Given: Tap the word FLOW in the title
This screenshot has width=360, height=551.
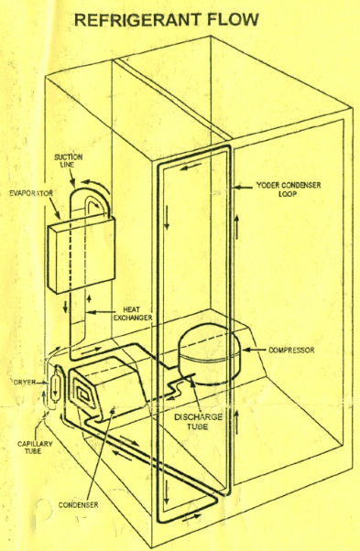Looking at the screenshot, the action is pyautogui.click(x=233, y=20).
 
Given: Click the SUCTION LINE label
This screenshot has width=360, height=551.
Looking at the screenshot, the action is pyautogui.click(x=68, y=160).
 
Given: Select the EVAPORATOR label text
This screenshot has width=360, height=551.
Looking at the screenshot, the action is pyautogui.click(x=31, y=193).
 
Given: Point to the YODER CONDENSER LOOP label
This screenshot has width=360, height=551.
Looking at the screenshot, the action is pyautogui.click(x=289, y=189).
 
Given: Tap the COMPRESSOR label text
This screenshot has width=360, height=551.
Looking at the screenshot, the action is pyautogui.click(x=291, y=351).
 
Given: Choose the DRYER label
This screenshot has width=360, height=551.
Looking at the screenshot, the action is pyautogui.click(x=25, y=382).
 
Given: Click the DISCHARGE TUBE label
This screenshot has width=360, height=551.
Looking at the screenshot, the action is pyautogui.click(x=198, y=422).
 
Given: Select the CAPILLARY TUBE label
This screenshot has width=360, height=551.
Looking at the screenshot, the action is pyautogui.click(x=35, y=448).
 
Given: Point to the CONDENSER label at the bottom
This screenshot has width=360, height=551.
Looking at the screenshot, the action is pyautogui.click(x=78, y=505).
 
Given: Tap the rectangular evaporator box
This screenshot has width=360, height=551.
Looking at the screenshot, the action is pyautogui.click(x=81, y=254).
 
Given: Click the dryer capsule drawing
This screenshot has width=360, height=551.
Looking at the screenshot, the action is pyautogui.click(x=55, y=386).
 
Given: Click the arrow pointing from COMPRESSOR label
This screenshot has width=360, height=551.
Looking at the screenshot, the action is pyautogui.click(x=255, y=350).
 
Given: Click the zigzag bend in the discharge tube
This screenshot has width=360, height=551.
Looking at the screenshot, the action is pyautogui.click(x=175, y=387).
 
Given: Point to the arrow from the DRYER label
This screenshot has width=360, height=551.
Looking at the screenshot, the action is pyautogui.click(x=43, y=382).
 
